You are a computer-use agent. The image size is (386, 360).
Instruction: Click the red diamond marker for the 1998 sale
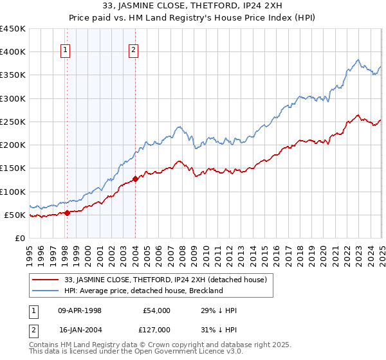tap(67, 213)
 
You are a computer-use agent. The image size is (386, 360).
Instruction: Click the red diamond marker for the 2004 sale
tap(135, 179)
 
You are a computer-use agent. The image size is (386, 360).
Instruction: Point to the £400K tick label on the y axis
tap(13, 52)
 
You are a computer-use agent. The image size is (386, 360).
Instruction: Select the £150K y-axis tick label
tap(13, 168)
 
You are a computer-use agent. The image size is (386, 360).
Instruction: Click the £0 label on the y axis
tap(21, 238)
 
